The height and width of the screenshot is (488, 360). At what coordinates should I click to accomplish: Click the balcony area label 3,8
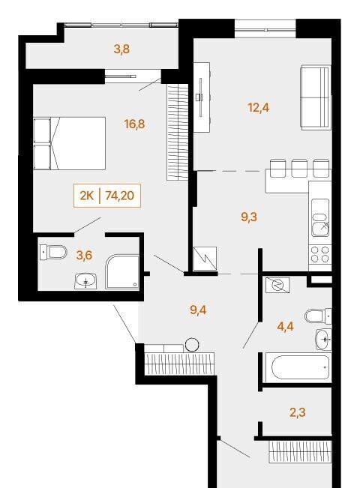[x=121, y=49]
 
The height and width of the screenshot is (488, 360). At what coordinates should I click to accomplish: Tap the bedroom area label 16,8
[x=134, y=124]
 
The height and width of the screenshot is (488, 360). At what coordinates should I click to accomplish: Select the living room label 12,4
[x=259, y=108]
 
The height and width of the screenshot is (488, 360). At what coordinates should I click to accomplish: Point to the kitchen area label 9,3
[x=249, y=217]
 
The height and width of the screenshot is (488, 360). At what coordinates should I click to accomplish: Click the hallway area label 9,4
[x=198, y=310]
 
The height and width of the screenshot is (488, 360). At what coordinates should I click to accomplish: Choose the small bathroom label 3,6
[x=84, y=255]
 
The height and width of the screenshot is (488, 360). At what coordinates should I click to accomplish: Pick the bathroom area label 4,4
[x=285, y=327]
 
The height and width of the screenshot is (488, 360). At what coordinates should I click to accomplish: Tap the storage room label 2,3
[x=298, y=412]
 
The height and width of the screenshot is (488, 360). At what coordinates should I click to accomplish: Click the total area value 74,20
[x=119, y=196]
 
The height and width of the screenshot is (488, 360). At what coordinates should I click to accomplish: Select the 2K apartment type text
[x=87, y=196]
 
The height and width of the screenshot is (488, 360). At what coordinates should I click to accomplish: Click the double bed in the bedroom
[x=70, y=143]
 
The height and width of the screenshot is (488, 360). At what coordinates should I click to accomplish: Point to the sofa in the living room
[x=315, y=97]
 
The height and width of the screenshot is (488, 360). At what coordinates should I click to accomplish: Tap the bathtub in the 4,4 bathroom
[x=300, y=367]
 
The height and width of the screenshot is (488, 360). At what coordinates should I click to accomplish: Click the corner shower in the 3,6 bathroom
[x=122, y=272]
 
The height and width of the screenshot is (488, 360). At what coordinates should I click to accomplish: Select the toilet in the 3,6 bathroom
[x=53, y=252]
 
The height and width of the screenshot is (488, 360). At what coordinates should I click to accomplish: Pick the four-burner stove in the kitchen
[x=320, y=254]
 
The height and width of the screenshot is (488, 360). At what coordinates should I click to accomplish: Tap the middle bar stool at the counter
[x=299, y=169]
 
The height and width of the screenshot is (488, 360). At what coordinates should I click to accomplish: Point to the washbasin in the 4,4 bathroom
[x=323, y=340]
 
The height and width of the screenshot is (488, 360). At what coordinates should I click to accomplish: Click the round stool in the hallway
[x=192, y=345]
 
